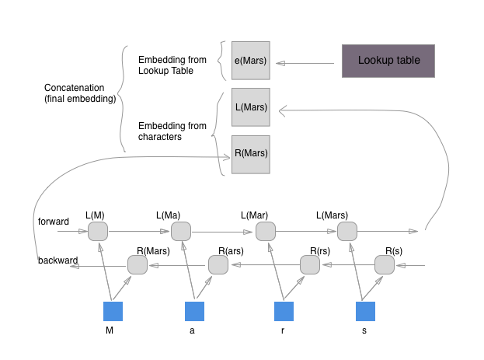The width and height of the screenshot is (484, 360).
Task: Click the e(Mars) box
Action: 250,61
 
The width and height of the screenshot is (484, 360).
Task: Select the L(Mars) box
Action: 250,107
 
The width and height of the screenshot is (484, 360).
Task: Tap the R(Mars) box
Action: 250,153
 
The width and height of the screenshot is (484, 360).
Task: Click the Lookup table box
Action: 388,61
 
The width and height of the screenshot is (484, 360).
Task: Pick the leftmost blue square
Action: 113,312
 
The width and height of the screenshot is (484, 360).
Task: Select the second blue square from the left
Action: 194,312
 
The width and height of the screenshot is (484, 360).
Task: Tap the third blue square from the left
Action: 284,312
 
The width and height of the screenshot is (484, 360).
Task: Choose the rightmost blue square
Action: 365,312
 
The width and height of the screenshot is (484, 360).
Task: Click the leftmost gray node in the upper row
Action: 97,231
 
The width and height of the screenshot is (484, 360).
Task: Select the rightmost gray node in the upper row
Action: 346,231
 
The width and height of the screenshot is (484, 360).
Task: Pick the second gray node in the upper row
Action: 180,231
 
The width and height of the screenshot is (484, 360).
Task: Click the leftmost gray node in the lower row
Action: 137,265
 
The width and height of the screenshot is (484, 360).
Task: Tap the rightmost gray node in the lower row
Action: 384,265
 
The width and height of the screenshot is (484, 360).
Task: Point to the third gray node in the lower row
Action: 309,265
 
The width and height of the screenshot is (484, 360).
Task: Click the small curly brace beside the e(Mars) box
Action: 223,60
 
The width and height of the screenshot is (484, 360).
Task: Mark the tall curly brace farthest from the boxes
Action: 122,97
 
